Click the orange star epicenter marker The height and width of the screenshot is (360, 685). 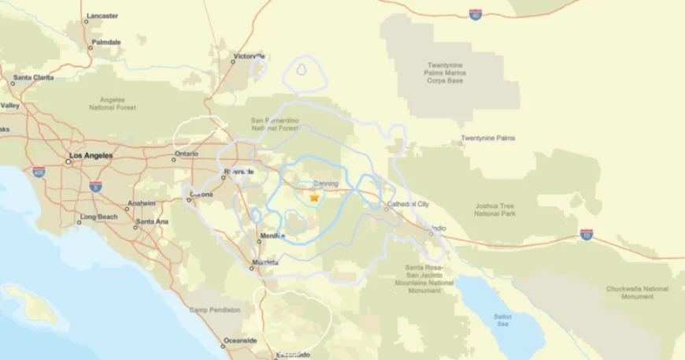314,198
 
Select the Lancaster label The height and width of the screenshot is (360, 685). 102,16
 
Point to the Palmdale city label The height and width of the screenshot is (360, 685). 106,42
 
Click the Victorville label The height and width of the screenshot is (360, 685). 250,57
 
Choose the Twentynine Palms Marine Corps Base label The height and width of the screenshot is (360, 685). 446,72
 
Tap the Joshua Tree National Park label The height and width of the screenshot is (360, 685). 495,210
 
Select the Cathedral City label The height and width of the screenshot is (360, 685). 407,204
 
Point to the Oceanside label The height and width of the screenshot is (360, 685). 240,340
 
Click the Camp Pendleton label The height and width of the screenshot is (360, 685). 214,310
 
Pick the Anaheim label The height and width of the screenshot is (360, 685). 142,203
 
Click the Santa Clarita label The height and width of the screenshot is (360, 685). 32,77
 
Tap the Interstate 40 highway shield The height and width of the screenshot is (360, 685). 475,14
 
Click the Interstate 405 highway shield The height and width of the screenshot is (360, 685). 39,172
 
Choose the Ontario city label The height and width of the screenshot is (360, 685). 187,154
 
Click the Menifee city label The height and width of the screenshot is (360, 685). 272,235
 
